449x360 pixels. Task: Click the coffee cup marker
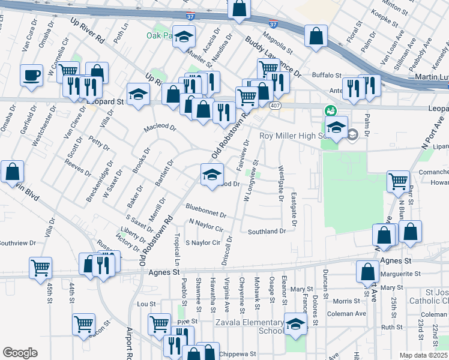[x=31, y=76]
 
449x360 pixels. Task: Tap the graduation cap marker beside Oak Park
[x=184, y=37]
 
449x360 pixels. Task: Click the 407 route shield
[x=275, y=106]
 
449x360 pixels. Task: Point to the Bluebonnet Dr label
[x=206, y=214]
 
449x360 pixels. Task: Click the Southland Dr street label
[x=267, y=231]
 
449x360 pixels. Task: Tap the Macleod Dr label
[x=160, y=128]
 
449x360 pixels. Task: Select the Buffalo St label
[x=326, y=75]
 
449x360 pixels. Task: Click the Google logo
[x=20, y=353]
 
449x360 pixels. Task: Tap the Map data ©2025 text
[x=424, y=355]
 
